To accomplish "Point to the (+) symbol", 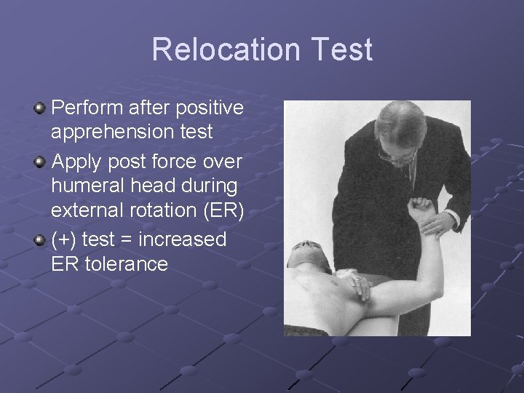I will pos(65,239).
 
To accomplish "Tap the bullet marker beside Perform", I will pos(40,109).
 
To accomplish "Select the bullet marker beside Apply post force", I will pos(40,161).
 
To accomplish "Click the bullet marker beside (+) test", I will pos(40,239).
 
